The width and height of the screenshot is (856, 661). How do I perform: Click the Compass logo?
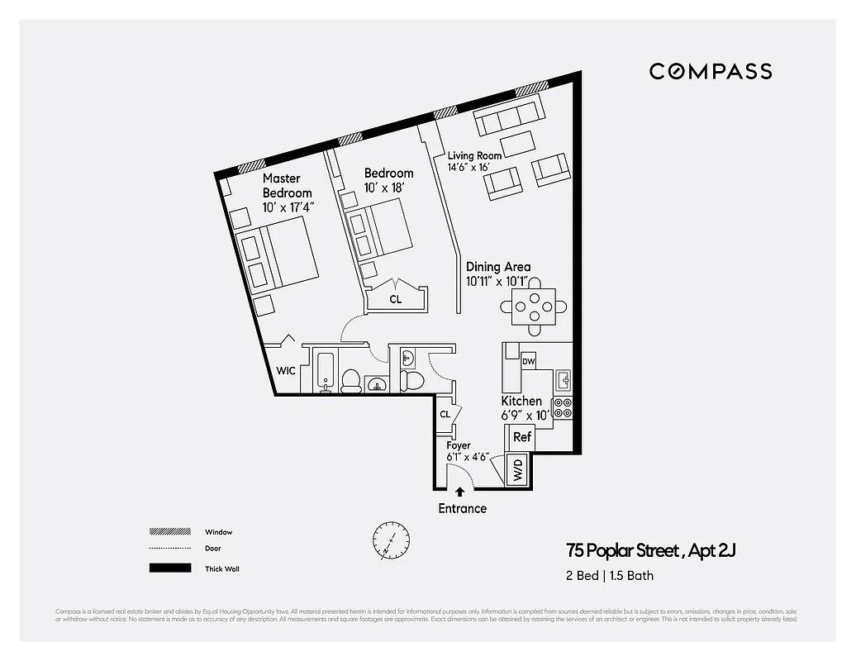(x=711, y=71)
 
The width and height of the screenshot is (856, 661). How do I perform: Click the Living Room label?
(x=474, y=155)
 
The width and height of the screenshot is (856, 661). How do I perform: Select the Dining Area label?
(x=498, y=267)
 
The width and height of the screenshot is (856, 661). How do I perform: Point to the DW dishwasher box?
(x=529, y=361)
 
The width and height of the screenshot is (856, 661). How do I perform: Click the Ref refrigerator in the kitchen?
(x=522, y=436)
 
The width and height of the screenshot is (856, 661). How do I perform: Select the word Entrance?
(x=462, y=508)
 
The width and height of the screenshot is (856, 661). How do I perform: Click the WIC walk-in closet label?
(x=286, y=371)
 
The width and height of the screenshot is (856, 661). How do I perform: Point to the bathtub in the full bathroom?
(x=323, y=372)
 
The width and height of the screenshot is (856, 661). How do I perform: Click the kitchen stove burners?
(x=563, y=408)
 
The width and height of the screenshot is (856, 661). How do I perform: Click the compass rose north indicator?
(x=390, y=541)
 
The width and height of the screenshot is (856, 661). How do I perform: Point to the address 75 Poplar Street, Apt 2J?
(x=649, y=550)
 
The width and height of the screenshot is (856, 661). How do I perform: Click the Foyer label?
(x=459, y=445)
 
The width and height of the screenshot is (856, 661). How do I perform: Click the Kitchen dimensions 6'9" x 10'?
(x=525, y=415)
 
